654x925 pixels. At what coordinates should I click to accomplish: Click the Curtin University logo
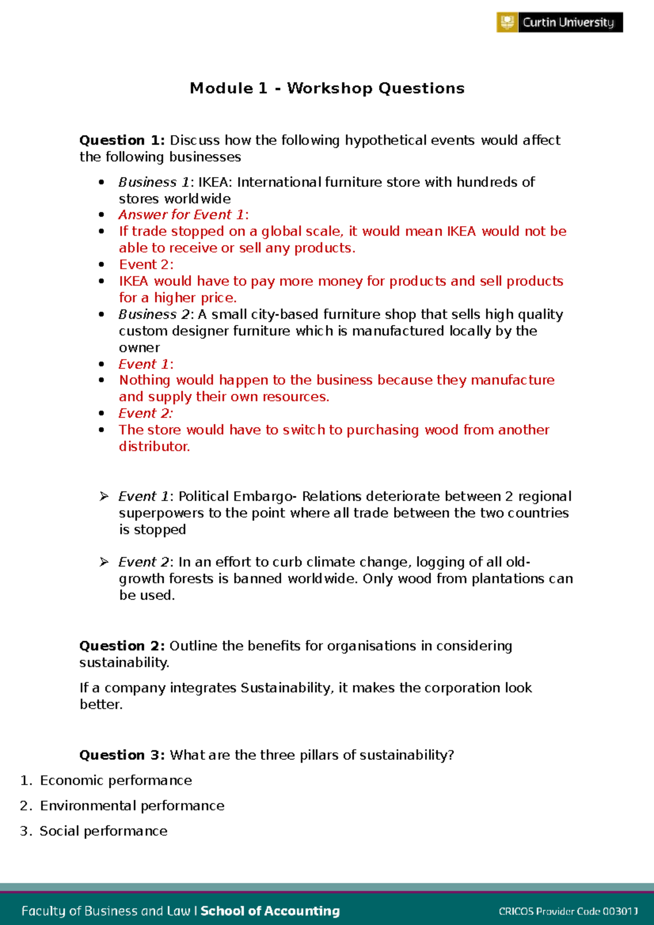point(559,22)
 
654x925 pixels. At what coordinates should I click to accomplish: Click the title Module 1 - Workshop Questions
point(327,88)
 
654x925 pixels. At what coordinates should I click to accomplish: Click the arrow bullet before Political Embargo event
point(104,496)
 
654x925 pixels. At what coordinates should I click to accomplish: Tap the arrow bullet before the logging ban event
point(104,562)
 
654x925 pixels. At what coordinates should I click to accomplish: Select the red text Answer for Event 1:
point(184,215)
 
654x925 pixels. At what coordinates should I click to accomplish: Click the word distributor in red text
point(154,447)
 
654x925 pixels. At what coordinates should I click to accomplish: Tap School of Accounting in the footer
point(270,911)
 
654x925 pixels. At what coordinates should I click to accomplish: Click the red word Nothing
point(145,380)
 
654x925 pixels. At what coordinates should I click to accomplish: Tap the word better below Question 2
point(101,705)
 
